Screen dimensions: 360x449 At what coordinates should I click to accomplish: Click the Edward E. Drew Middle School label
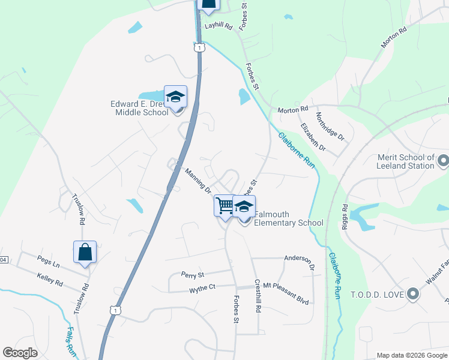point(139,107)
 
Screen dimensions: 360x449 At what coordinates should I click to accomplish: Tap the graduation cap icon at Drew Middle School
point(175,97)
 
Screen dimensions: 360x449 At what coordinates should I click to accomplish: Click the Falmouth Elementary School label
point(288,218)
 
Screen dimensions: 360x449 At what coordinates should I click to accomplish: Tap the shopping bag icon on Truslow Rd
point(85,253)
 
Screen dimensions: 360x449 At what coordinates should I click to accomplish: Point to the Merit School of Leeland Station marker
point(444,161)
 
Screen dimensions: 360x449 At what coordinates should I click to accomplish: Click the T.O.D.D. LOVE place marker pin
point(412,294)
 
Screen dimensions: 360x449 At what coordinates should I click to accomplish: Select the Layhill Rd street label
point(218,26)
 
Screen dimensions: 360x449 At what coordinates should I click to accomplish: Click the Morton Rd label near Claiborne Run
point(292,109)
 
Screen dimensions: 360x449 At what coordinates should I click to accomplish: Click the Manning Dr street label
point(198,181)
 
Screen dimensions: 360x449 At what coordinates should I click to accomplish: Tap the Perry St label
point(193,274)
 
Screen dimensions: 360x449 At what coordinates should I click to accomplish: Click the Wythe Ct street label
point(202,288)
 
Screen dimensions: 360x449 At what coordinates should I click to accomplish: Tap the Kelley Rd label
point(50,280)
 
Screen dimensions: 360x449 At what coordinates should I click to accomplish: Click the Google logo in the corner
point(20,353)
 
